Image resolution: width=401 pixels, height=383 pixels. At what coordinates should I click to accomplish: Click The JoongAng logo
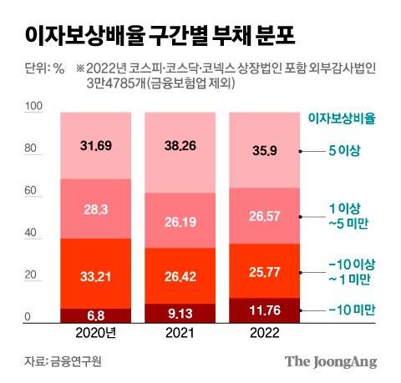tap(331, 362)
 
